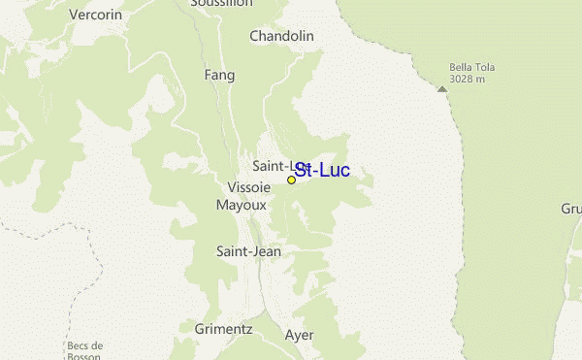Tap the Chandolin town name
point(282,36)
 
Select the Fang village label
point(220,74)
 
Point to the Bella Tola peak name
point(470,67)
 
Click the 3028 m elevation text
point(466,78)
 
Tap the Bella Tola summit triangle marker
point(442,88)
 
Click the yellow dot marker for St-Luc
point(291,180)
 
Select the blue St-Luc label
point(322,171)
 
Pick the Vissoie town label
point(248,186)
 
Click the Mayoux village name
point(241,205)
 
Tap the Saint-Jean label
point(248,250)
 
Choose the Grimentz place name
point(223,329)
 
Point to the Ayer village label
point(300,335)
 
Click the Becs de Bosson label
point(85,351)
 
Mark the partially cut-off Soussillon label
point(222,4)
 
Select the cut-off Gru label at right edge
point(570,209)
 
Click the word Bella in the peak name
point(460,67)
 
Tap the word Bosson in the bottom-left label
point(85,356)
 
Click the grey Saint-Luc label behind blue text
point(272,166)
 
